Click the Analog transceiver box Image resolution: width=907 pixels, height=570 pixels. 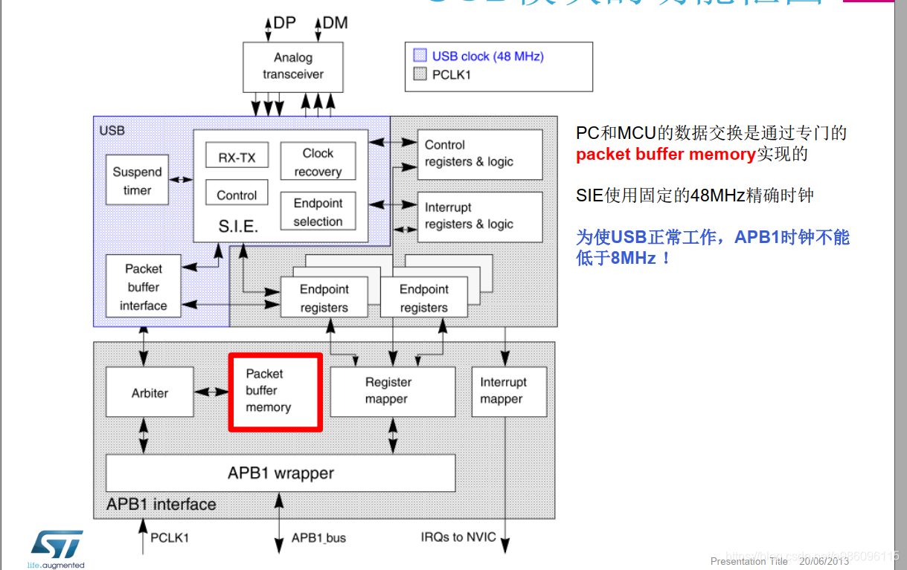click(293, 66)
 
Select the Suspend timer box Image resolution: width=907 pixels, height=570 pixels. click(137, 181)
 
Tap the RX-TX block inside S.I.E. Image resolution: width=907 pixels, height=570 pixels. click(237, 157)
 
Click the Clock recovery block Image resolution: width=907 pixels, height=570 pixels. click(318, 162)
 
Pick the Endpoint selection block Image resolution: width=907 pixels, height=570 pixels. click(318, 212)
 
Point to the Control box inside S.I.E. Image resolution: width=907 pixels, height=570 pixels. click(237, 195)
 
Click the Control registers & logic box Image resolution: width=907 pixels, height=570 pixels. click(479, 154)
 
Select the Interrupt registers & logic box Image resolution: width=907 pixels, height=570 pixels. click(479, 216)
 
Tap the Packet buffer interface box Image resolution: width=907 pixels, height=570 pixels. click(143, 287)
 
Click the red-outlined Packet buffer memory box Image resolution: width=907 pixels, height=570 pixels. click(275, 392)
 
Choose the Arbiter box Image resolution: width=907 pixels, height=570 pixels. click(150, 392)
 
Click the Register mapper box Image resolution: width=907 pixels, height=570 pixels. click(392, 391)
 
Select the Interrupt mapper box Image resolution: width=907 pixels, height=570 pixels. click(509, 391)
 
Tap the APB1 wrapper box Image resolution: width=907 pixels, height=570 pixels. click(281, 473)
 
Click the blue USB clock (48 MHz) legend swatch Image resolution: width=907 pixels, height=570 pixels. click(420, 56)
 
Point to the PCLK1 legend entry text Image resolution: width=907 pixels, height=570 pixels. click(451, 74)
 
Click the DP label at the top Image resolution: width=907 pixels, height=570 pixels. click(284, 22)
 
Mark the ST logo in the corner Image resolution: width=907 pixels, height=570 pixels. click(56, 546)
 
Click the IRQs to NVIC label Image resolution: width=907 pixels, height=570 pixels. click(458, 537)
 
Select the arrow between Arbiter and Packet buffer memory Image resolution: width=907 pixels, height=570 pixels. click(211, 392)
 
